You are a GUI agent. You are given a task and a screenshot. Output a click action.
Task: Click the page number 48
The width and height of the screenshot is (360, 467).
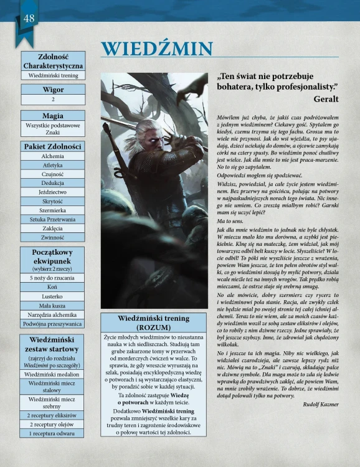pos(29,18)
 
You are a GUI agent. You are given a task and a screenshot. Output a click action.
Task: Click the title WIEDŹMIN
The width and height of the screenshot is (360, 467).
pos(157,49)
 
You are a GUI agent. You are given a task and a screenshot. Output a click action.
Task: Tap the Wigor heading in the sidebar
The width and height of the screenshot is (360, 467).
pos(53,89)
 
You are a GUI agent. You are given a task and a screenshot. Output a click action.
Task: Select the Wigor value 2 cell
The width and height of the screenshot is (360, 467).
pos(53,99)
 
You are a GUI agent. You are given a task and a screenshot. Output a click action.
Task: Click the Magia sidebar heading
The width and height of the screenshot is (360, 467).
pos(53,116)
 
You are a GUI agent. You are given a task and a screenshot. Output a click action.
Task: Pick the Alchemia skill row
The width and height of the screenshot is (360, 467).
pos(53,156)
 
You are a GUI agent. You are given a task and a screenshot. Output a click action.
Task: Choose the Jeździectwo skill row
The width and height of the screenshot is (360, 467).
pos(53,192)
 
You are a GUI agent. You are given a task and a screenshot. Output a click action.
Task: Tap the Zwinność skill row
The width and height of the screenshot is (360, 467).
pos(53,237)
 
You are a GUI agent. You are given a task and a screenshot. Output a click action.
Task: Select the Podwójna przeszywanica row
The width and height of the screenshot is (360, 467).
pos(53,324)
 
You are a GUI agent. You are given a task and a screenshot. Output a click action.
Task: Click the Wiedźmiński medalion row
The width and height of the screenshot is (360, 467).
pos(53,374)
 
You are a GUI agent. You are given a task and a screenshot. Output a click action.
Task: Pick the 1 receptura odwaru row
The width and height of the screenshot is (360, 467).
pos(53,433)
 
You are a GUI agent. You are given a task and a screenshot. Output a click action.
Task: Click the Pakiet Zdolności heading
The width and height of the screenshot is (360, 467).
pos(53,146)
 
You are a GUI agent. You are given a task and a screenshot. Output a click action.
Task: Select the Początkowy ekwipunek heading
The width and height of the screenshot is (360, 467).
pos(53,255)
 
